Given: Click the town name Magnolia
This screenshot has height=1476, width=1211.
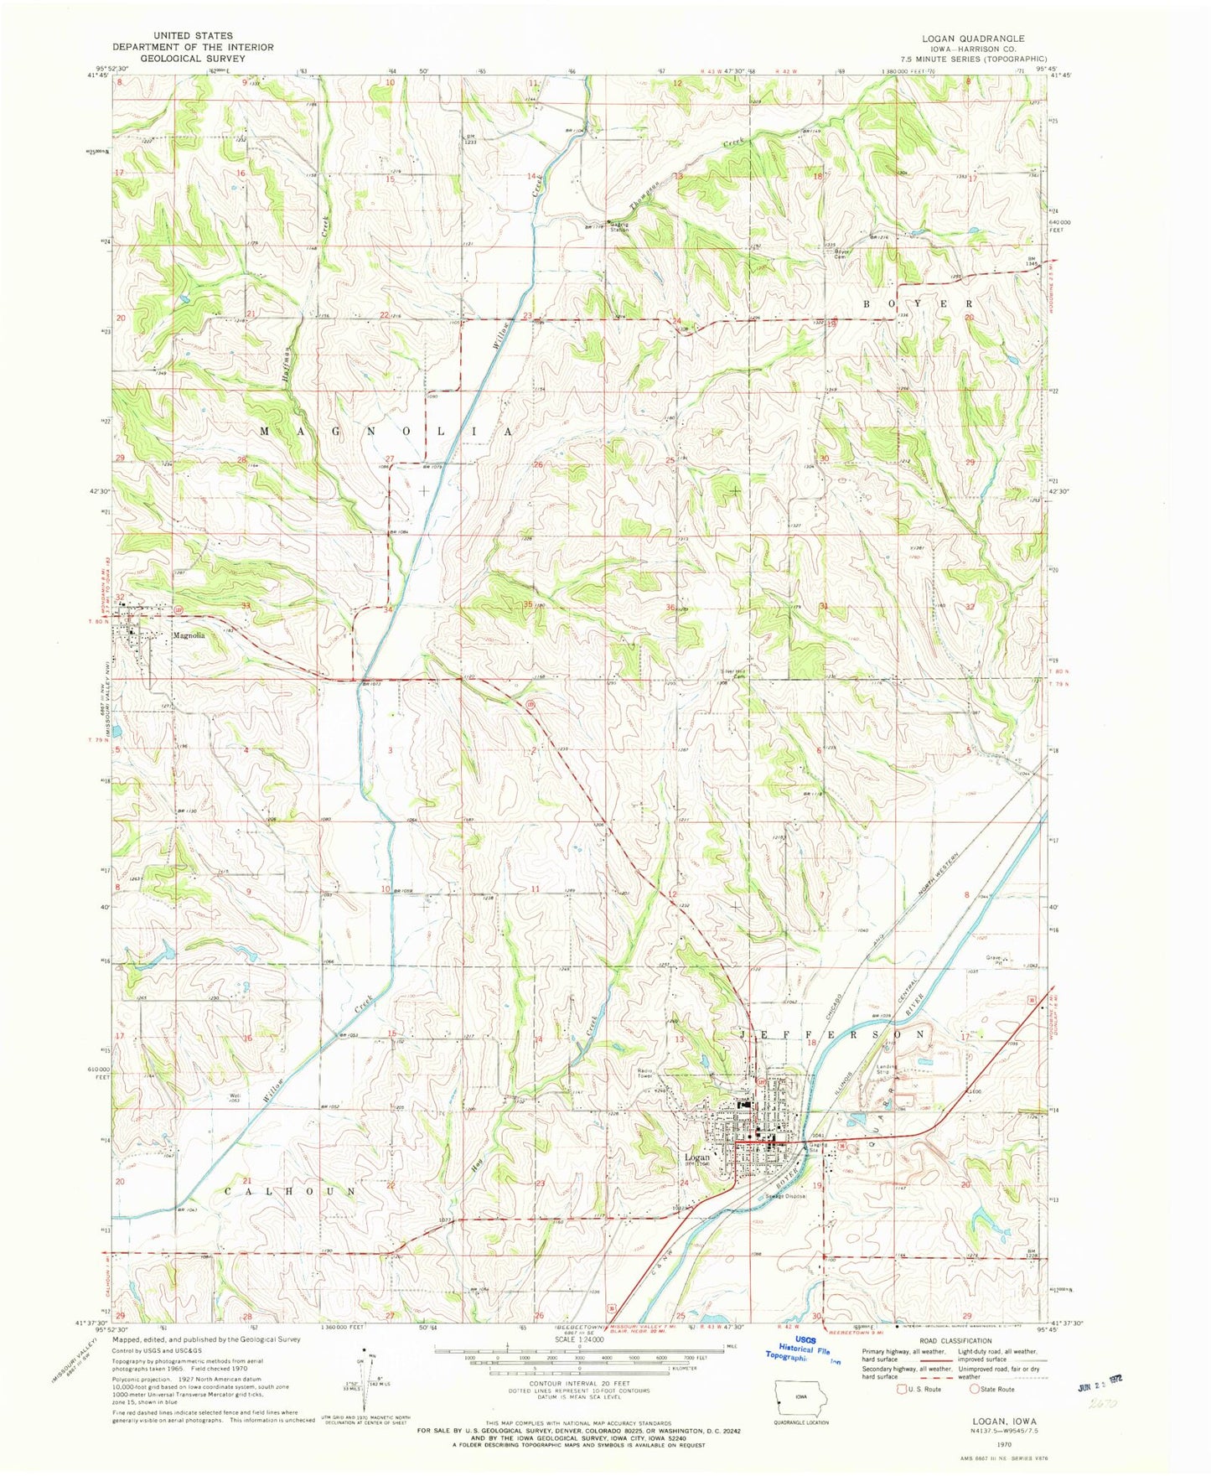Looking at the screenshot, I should click(189, 635).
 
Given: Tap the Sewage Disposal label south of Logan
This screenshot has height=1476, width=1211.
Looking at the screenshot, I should click(784, 1196).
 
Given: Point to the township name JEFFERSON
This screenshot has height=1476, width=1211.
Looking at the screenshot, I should click(834, 1035).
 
